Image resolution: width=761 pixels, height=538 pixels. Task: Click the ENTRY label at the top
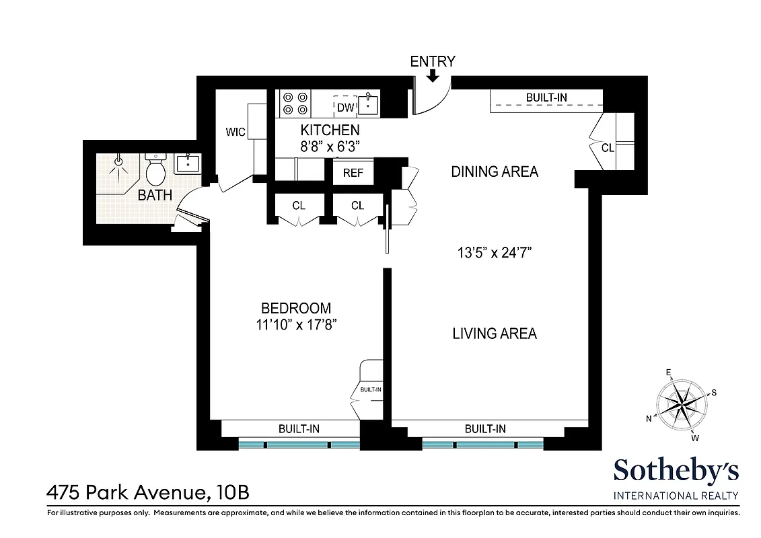click(433, 61)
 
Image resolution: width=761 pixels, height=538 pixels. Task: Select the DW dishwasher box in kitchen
click(345, 107)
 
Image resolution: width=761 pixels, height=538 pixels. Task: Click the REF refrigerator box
click(353, 173)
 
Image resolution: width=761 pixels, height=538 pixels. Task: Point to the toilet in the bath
click(155, 171)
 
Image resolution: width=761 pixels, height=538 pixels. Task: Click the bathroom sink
click(186, 163)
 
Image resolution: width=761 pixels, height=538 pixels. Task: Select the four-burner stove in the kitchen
click(295, 103)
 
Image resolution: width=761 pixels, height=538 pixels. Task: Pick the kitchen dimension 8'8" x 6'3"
click(330, 145)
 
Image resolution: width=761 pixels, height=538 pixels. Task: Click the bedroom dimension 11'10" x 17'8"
click(296, 324)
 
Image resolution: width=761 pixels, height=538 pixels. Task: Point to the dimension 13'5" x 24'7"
click(495, 254)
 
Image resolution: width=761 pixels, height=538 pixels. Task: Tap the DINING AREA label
click(495, 171)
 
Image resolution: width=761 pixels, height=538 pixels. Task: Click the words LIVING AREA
click(495, 333)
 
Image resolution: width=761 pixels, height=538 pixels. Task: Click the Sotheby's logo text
click(676, 471)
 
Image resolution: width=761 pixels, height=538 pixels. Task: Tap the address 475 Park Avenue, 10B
click(147, 493)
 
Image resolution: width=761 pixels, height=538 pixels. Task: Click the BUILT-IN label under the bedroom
click(299, 428)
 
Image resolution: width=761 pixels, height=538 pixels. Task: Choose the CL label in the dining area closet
click(607, 148)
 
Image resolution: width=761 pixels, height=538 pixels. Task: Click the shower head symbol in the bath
click(119, 161)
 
